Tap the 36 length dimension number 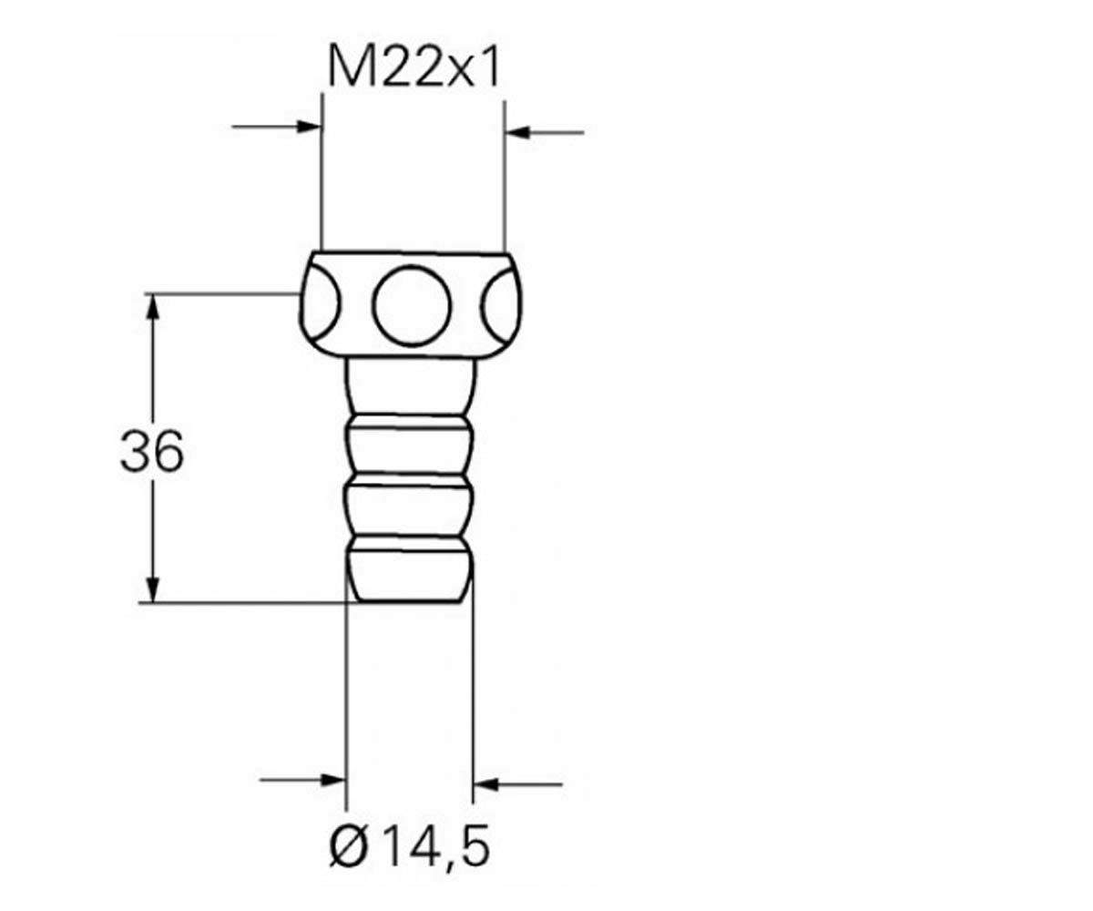(x=152, y=450)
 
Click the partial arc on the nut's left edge (x=338, y=303)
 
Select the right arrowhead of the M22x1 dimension (x=518, y=132)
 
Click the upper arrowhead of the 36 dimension (x=152, y=307)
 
